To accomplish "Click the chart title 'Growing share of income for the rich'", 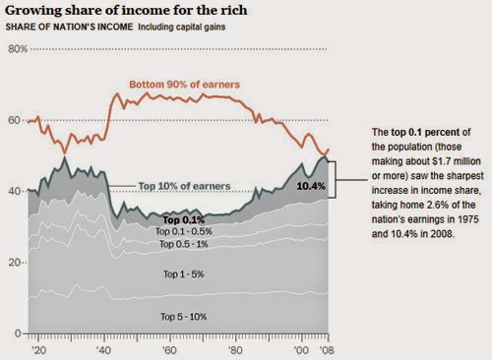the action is click(x=126, y=11).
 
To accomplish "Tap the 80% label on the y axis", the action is click(x=18, y=49).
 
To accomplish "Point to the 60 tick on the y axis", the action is click(x=14, y=120).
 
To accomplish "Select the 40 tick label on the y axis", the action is click(x=14, y=191).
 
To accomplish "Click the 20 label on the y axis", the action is click(x=14, y=263).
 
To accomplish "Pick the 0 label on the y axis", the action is click(x=18, y=333).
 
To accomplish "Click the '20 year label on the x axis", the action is click(x=38, y=350).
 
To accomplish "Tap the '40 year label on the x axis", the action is click(x=104, y=350).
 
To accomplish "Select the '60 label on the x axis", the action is click(x=169, y=350).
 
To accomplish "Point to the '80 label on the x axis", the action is click(x=235, y=350).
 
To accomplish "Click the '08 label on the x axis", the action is click(x=327, y=350).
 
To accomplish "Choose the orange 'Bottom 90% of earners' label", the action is click(x=185, y=85).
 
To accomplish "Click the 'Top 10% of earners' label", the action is click(x=185, y=186).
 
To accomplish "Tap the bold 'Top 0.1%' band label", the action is click(x=184, y=220).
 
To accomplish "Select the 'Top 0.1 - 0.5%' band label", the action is click(x=184, y=231).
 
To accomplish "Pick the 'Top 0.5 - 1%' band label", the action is click(x=184, y=244).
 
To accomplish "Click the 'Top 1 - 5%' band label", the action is click(x=184, y=274).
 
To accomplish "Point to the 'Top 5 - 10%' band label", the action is click(x=184, y=317).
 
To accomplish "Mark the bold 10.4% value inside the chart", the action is click(x=311, y=186).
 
